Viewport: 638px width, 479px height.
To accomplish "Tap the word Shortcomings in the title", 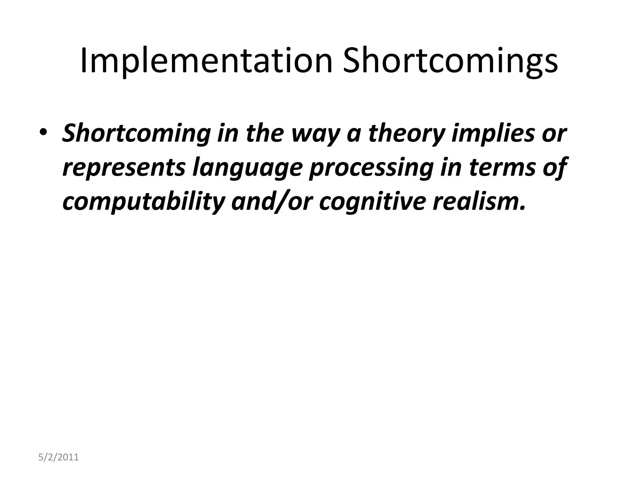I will point(450,61).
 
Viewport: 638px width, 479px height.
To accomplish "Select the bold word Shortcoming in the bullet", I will point(136,133).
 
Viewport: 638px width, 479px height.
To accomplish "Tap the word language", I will point(247,167).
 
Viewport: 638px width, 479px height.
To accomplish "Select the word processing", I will point(371,167).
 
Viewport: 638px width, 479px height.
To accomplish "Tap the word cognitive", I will point(372,202).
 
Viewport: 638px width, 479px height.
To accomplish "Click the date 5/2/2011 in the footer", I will point(59,457).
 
